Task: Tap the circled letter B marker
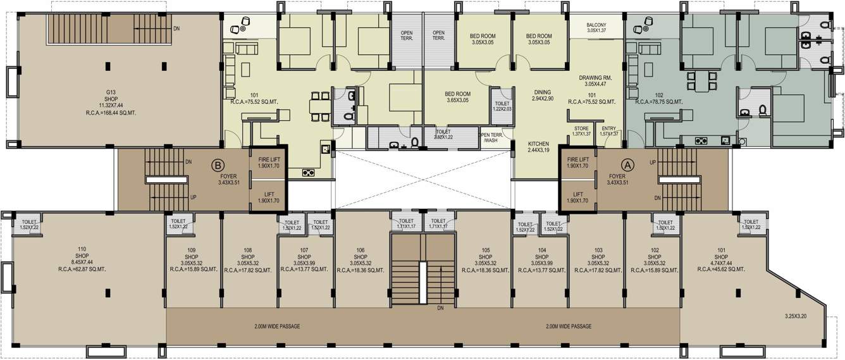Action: [217, 165]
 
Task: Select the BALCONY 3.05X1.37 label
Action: [596, 28]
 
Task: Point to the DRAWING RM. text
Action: [596, 78]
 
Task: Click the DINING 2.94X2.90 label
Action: [542, 96]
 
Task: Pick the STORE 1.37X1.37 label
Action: [581, 131]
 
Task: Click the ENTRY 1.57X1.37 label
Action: [608, 131]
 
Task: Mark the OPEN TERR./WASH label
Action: [491, 137]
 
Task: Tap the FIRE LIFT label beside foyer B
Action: [269, 162]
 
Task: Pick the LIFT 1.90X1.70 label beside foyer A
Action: [578, 197]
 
